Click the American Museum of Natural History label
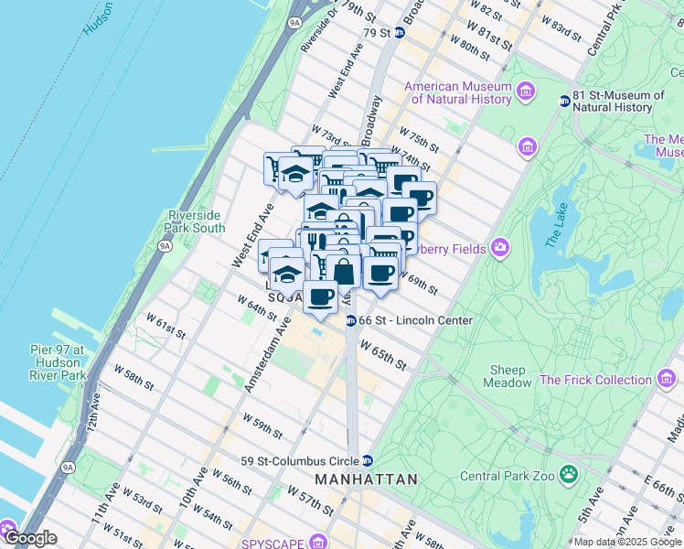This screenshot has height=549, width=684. point(457,92)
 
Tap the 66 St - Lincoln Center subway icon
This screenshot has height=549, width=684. point(351,320)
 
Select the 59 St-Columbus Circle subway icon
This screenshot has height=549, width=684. point(367,460)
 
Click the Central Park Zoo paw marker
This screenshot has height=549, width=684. point(569,474)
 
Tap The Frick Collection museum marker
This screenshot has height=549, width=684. point(667,377)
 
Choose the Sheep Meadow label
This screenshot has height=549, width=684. point(510,376)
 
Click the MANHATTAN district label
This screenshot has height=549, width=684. point(366,479)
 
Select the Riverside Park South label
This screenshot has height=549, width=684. point(196,221)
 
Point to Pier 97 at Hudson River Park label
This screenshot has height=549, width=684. point(57,362)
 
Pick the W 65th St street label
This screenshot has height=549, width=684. point(383,356)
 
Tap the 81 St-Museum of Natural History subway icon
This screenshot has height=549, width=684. point(564,101)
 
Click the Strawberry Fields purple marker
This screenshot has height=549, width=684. point(499,247)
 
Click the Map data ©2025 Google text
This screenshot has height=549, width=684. point(627,542)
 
